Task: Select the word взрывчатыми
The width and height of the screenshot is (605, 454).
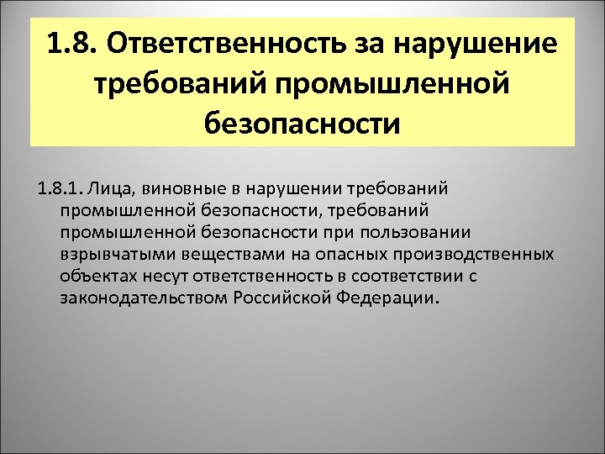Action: click(114, 253)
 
